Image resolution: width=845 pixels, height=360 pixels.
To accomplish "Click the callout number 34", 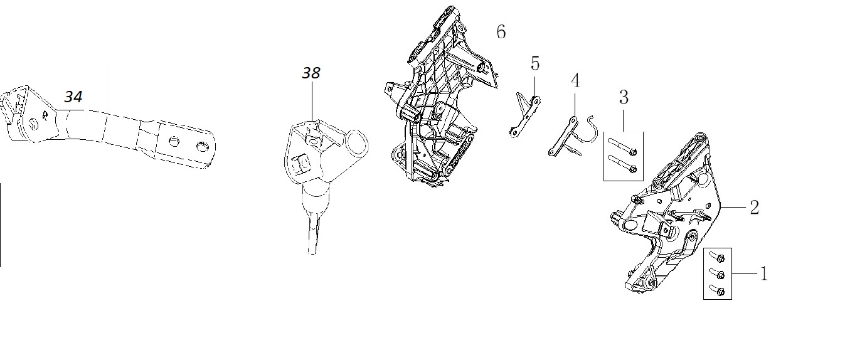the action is coord(73,97).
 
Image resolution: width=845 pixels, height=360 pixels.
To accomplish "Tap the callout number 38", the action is coord(311,73).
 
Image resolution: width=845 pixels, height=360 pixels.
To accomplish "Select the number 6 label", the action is coord(501,31).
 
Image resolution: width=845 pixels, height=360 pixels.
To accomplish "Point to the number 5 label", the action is coord(535,63).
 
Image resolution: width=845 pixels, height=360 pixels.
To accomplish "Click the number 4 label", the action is coord(575,80).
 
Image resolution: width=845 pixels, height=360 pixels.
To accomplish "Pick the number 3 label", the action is coord(624,97).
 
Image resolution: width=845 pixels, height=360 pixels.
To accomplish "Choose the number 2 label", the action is coord(755,208).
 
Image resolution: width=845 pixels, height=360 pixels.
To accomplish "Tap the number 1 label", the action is coord(764,273).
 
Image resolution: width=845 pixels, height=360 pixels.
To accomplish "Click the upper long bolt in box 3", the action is coord(622,147).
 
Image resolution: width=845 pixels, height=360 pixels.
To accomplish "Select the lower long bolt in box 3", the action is coord(622,164).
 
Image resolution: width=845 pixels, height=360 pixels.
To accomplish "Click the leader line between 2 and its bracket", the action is coord(734,207).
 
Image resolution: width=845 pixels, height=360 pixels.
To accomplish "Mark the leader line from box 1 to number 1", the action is coord(745,273).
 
